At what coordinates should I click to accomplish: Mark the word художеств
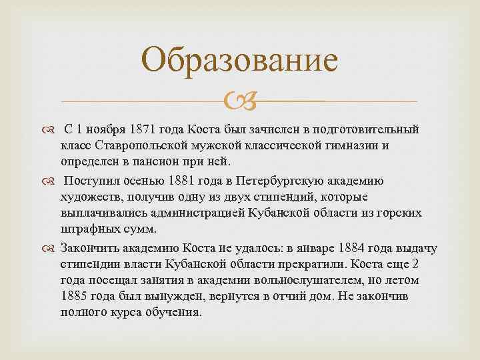click(91, 197)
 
